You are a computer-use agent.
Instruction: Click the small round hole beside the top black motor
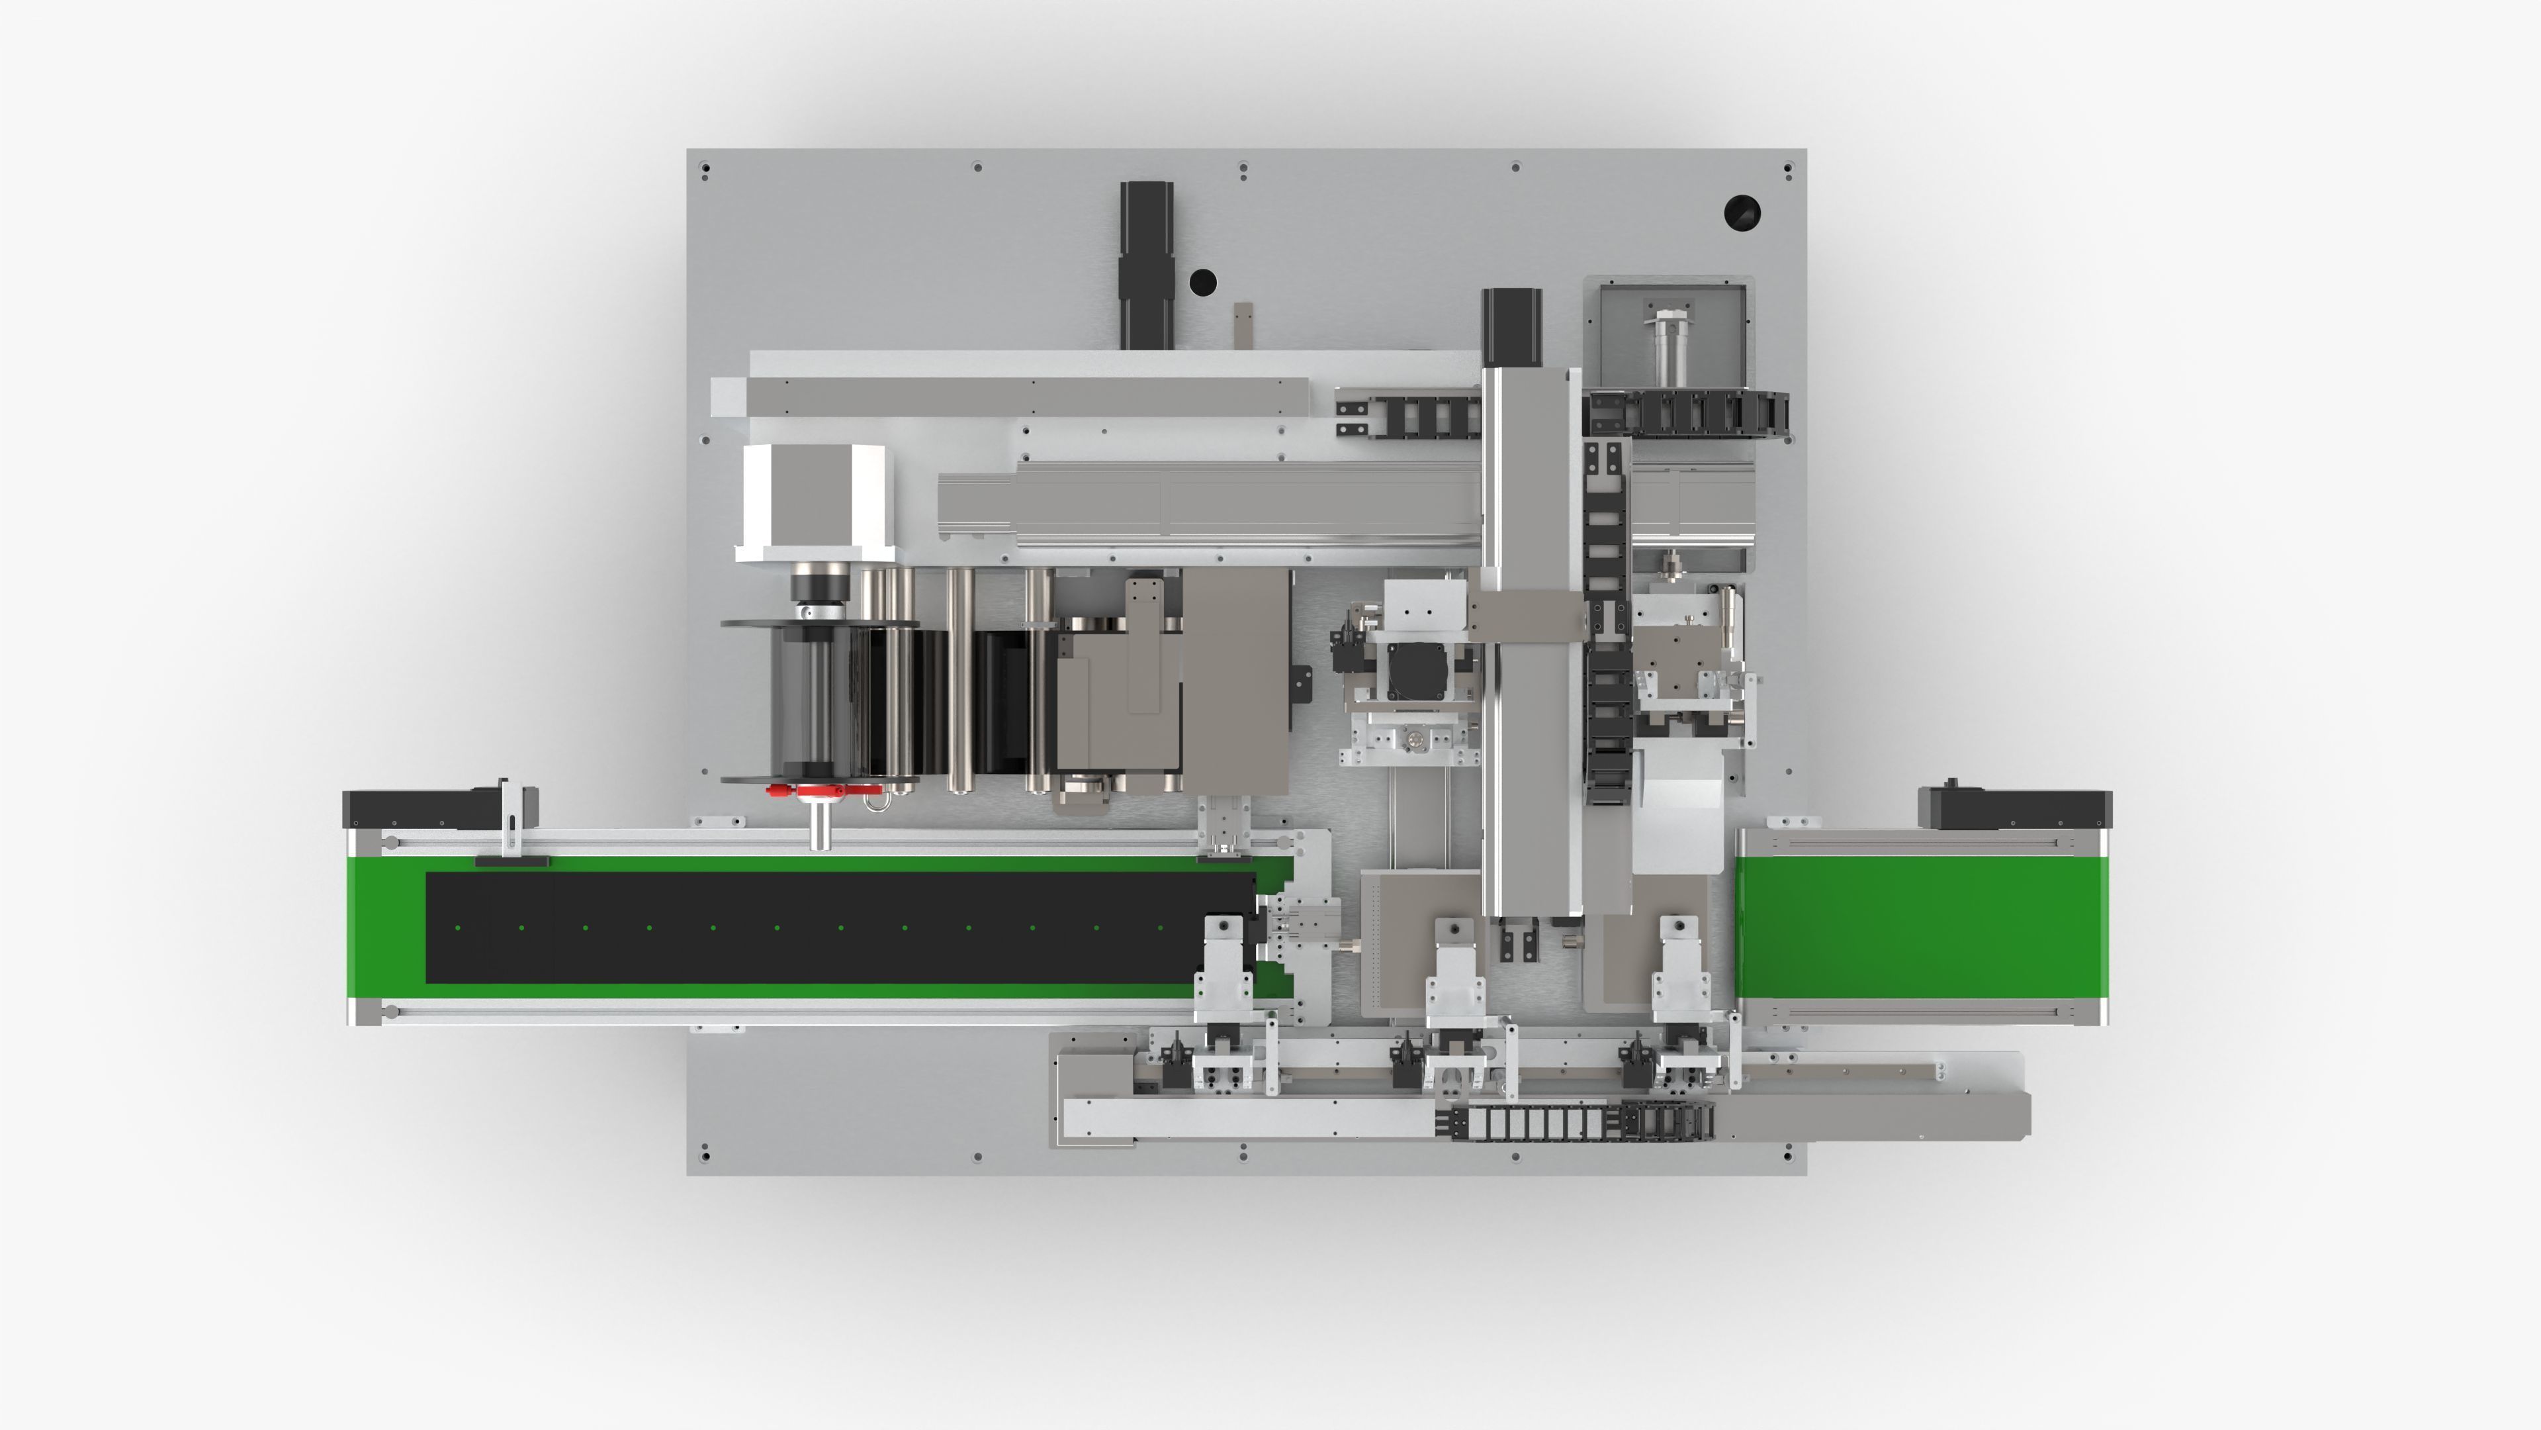pos(1202,282)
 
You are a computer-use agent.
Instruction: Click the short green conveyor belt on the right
pos(1920,926)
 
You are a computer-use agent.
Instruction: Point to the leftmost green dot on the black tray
pos(458,928)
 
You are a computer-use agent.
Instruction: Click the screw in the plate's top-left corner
pos(705,169)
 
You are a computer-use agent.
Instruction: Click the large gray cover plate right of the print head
pos(1235,681)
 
